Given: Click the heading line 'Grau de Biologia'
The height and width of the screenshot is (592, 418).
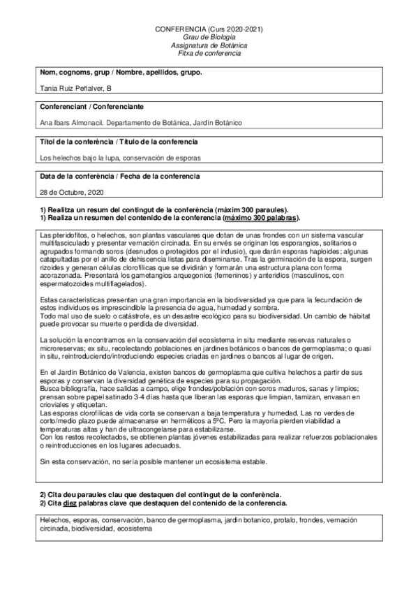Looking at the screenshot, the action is (x=208, y=38).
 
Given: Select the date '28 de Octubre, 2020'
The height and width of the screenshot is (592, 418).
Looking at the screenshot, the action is (x=73, y=191).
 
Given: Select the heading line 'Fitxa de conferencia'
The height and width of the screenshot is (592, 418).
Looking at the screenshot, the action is (x=209, y=53).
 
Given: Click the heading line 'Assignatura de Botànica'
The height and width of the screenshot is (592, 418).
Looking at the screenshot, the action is (x=208, y=45).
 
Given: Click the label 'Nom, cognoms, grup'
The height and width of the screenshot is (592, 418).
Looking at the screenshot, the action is (x=73, y=72).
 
